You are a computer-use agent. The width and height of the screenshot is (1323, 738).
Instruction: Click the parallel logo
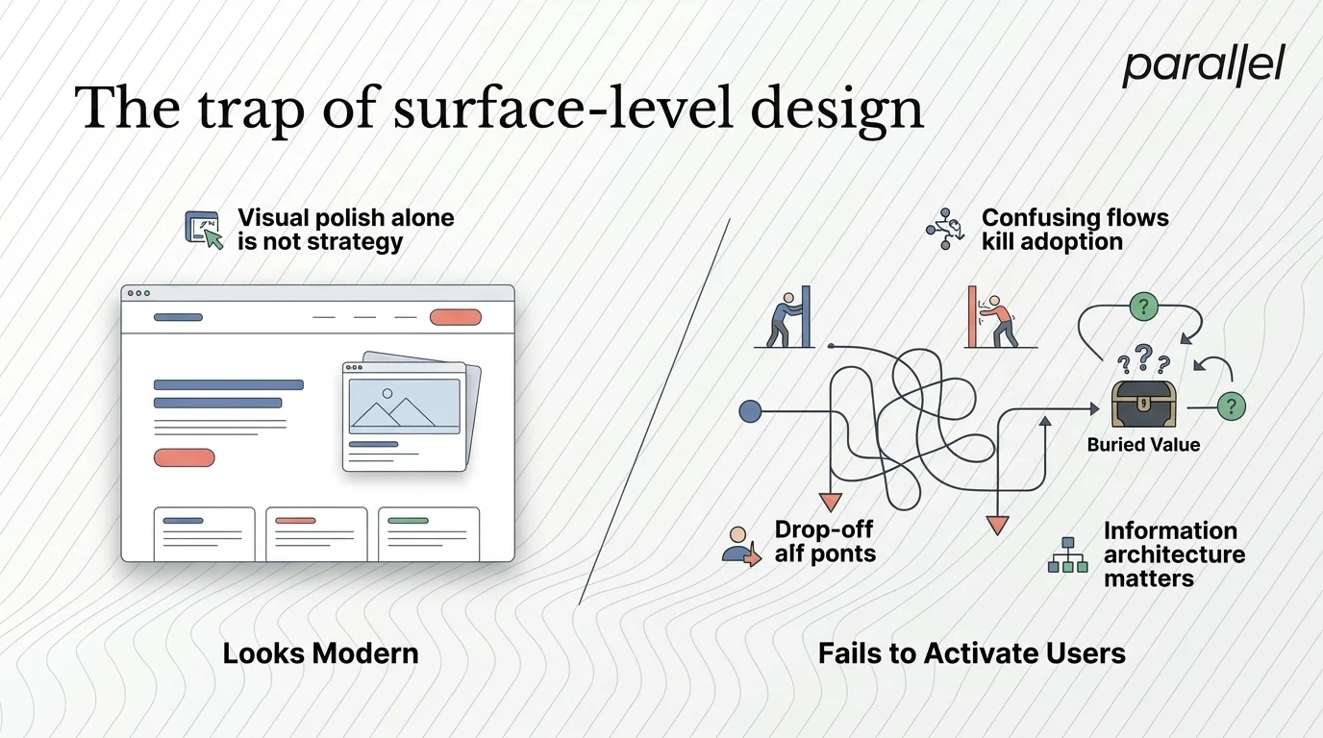tap(1203, 66)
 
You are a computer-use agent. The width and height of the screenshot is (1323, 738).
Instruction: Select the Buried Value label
tap(1143, 444)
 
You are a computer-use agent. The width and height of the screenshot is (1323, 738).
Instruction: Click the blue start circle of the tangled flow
tap(750, 411)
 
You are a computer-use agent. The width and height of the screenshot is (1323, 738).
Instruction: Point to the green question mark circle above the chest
tap(1142, 307)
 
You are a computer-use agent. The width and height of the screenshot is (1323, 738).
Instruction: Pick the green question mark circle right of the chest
tap(1231, 406)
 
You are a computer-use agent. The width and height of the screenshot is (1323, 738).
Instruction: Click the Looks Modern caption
tap(320, 653)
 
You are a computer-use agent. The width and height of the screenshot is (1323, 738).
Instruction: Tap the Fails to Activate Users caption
tap(971, 653)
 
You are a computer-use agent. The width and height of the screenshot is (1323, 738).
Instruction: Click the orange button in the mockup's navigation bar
tap(455, 317)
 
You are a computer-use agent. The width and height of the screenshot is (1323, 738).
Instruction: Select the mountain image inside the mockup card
tap(404, 406)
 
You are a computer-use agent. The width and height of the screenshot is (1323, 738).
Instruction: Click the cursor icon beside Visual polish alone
tap(204, 231)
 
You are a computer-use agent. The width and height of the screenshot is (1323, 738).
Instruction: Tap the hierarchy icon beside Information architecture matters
tap(1067, 555)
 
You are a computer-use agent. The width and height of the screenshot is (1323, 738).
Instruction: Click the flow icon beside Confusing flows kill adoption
tap(944, 229)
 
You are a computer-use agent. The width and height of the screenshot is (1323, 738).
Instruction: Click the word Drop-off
tap(824, 529)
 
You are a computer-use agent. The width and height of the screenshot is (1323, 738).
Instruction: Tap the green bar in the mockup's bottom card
tap(408, 520)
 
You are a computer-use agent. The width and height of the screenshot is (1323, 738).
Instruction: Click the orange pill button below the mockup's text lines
tap(184, 457)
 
